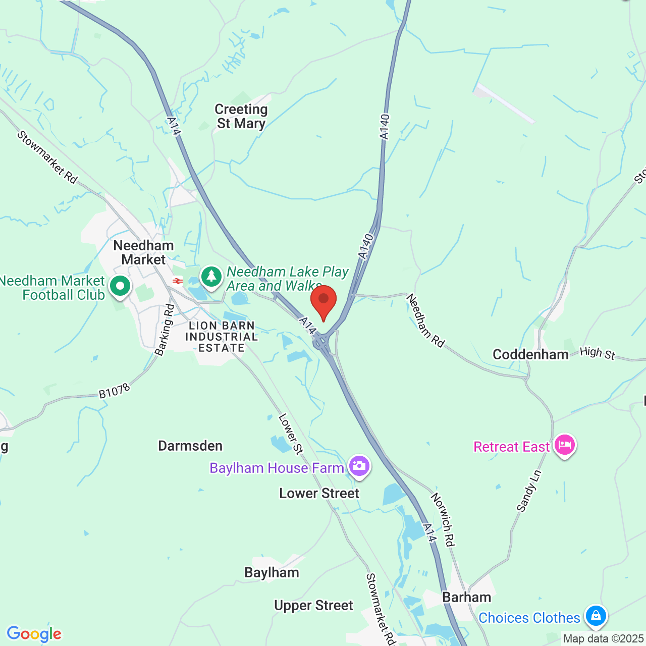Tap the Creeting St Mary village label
click(x=241, y=117)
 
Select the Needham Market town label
click(x=143, y=252)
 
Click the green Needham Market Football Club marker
click(x=120, y=286)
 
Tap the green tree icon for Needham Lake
click(x=211, y=277)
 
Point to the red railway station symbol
click(x=177, y=281)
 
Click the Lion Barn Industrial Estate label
click(x=222, y=337)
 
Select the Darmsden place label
click(x=190, y=446)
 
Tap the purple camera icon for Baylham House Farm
click(x=359, y=465)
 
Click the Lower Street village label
click(x=319, y=493)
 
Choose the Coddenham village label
click(x=530, y=354)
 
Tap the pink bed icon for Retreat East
click(x=565, y=445)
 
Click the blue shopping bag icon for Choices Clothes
click(x=596, y=616)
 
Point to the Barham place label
click(x=466, y=597)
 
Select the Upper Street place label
click(x=313, y=605)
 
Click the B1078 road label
click(x=114, y=391)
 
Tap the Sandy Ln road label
click(x=529, y=491)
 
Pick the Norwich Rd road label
click(x=443, y=519)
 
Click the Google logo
click(x=34, y=634)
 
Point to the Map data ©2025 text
click(x=603, y=639)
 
